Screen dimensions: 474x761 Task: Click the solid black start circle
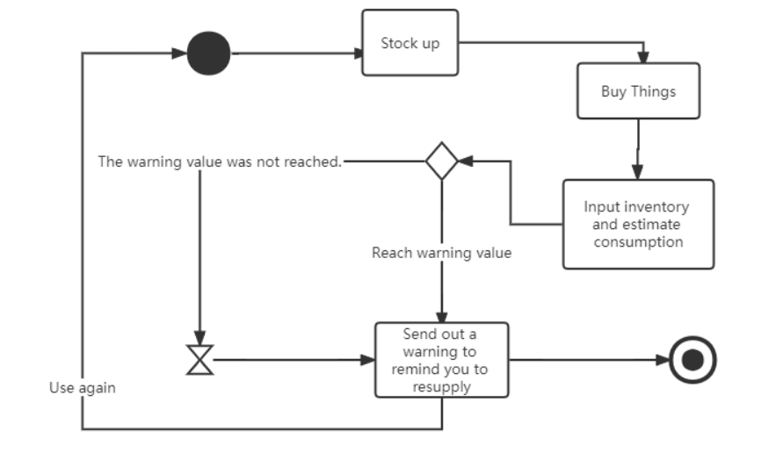[209, 54]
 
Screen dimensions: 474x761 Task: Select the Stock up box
[410, 43]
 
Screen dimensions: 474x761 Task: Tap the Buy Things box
[638, 90]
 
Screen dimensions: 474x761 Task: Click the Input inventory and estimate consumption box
[638, 224]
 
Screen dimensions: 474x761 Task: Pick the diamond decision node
[441, 162]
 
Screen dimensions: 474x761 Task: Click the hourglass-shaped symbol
[200, 359]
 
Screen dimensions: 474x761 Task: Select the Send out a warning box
[441, 360]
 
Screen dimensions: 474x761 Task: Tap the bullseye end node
[692, 360]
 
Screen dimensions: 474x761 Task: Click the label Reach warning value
[441, 253]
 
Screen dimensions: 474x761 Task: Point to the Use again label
[82, 387]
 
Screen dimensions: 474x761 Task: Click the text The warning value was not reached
[219, 162]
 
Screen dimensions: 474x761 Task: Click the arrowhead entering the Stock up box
[358, 54]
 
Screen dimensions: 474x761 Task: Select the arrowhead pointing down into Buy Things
[642, 58]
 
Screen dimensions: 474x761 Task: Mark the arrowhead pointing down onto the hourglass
[200, 339]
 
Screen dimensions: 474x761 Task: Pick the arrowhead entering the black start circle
[181, 54]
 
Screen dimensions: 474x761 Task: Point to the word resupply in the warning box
[441, 386]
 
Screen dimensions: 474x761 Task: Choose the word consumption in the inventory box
[638, 241]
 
